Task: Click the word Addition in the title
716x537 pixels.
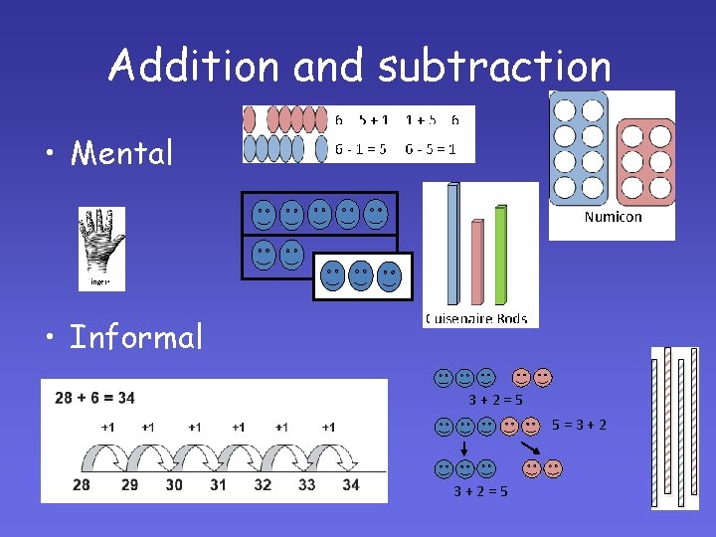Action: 195,66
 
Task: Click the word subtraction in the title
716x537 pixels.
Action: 494,66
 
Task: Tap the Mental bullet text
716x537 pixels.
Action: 121,153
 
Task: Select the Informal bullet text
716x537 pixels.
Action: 136,337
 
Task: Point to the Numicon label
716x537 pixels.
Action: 613,217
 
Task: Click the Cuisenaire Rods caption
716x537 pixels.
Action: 476,319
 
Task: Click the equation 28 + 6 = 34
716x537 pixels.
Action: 95,398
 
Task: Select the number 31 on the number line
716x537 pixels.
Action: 218,485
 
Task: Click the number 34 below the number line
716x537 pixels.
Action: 350,485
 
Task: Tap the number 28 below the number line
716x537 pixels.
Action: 82,485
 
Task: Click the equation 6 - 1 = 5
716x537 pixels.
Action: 359,149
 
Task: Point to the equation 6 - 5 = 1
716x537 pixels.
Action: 431,149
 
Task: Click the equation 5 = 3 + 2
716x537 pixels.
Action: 580,426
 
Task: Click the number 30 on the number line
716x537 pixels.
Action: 174,485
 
